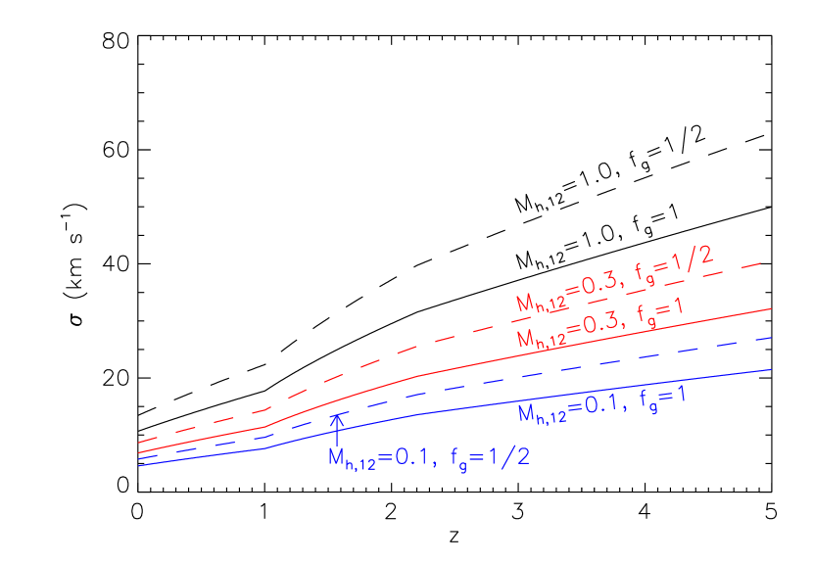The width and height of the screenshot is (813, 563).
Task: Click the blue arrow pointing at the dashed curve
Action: [337, 431]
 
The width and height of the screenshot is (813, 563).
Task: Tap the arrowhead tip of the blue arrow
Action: [337, 414]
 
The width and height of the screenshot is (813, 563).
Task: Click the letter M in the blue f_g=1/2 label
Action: [336, 457]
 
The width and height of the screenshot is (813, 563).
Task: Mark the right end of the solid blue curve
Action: [772, 369]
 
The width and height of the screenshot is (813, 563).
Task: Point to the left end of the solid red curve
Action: [140, 453]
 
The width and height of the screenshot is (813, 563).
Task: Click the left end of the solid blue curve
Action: [140, 465]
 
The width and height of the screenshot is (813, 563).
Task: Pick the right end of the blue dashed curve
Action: [772, 338]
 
